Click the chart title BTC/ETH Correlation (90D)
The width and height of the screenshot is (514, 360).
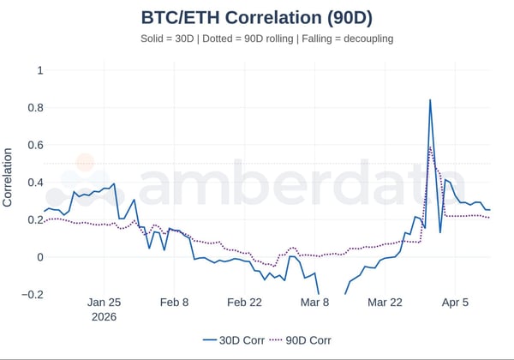tap(256, 17)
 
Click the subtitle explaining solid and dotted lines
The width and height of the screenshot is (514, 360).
tap(256, 39)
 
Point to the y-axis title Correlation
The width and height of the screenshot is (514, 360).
tap(9, 177)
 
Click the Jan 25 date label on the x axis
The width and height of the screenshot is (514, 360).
tap(104, 303)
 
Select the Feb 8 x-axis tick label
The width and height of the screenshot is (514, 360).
tap(174, 303)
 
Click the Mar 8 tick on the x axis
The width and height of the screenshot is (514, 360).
tap(314, 303)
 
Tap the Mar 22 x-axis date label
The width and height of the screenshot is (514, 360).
tap(385, 303)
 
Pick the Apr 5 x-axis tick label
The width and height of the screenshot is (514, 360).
tap(454, 303)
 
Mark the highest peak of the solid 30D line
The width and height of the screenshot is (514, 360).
tap(430, 100)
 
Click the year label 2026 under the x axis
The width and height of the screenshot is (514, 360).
tap(104, 316)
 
